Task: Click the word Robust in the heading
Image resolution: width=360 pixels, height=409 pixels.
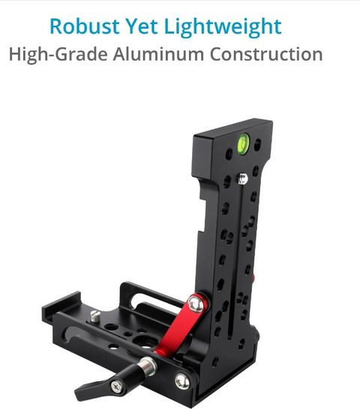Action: (x=85, y=26)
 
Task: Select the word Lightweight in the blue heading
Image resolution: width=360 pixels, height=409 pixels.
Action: (x=223, y=28)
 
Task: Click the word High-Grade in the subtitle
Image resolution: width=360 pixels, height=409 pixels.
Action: (x=58, y=55)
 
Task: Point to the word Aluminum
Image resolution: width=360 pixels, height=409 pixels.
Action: (x=158, y=54)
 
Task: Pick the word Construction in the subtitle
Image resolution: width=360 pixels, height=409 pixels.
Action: (x=266, y=54)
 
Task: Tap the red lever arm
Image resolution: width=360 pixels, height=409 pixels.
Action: (x=182, y=324)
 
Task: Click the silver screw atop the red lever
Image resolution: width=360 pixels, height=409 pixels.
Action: (x=196, y=304)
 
